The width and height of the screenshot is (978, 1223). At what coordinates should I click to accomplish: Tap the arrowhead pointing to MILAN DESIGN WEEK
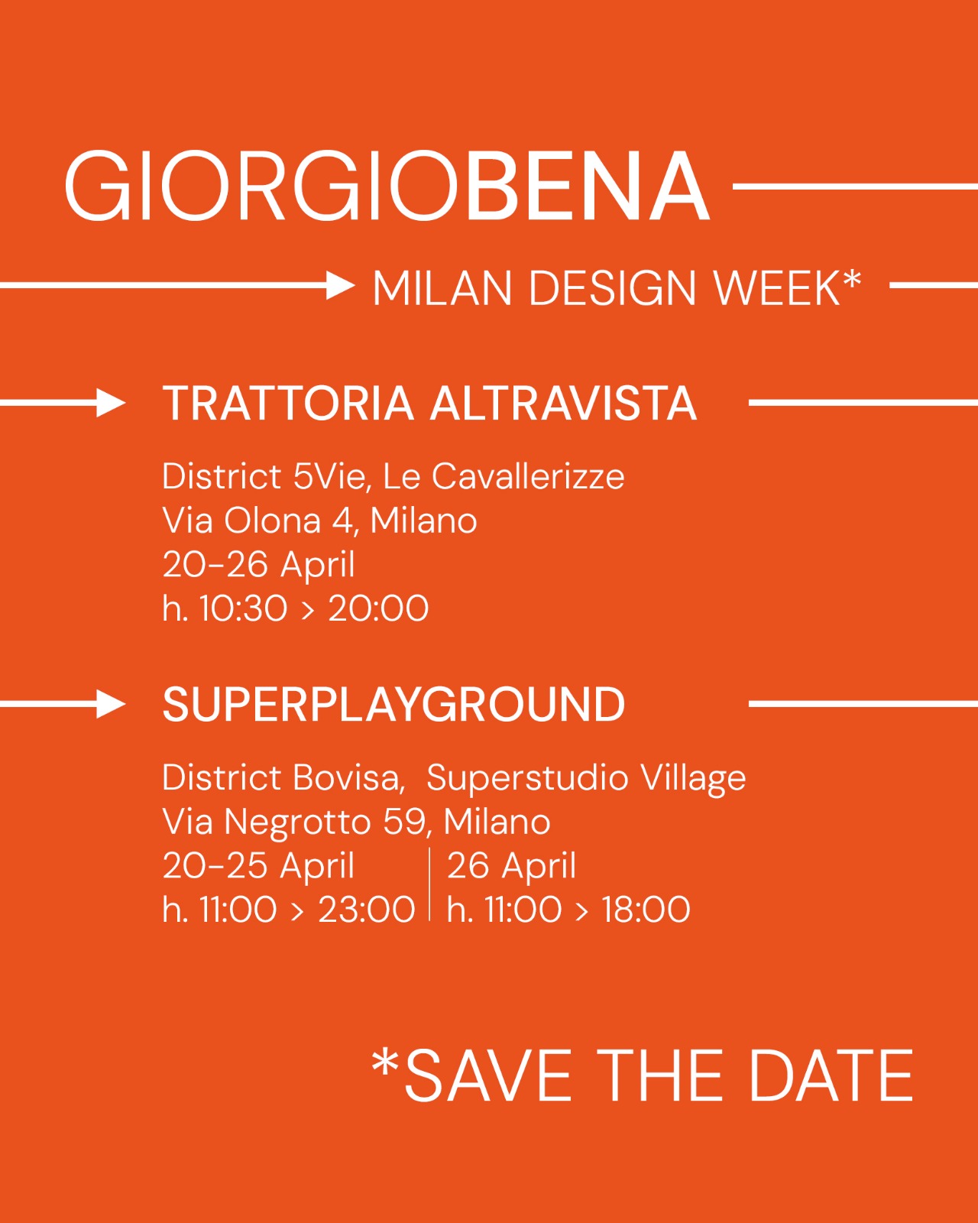341,284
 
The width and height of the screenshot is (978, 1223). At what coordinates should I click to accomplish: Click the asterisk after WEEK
850,280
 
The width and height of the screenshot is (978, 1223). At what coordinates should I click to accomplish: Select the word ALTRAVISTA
563,403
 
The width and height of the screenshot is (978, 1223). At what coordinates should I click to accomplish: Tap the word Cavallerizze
528,476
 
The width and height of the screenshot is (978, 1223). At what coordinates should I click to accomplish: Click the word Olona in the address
272,520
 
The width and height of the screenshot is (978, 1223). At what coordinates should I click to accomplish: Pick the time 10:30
243,608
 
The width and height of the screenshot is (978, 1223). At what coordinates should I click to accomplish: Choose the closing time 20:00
378,608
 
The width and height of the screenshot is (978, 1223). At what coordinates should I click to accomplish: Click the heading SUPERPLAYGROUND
393,704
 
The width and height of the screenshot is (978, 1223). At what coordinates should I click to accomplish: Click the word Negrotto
298,822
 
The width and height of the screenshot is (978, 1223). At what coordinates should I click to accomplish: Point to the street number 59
405,822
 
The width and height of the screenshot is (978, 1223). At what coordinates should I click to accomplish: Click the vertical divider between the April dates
429,883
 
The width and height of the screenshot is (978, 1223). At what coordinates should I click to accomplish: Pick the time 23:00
366,909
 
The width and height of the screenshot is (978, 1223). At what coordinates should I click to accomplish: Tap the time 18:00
646,909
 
